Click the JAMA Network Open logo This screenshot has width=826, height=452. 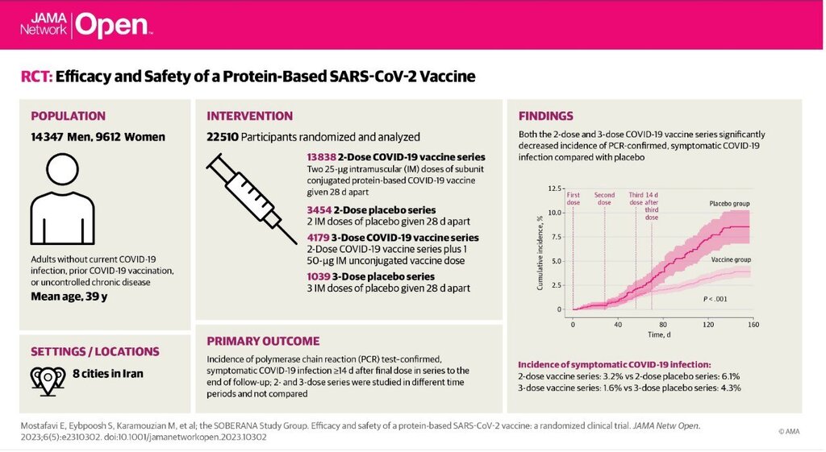[x=86, y=25]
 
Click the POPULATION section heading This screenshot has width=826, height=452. [x=68, y=116]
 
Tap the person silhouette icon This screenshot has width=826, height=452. [x=62, y=199]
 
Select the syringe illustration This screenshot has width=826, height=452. [x=252, y=199]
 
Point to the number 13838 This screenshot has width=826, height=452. [x=321, y=157]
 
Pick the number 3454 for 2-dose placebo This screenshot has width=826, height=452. [x=319, y=210]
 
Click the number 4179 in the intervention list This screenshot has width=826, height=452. [x=318, y=238]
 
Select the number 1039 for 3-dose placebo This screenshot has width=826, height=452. [x=319, y=276]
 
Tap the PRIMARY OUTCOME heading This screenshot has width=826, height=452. [x=263, y=341]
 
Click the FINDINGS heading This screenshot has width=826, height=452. [x=546, y=116]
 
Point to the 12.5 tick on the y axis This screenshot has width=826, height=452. [x=555, y=189]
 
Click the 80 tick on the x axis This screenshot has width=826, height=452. [x=663, y=325]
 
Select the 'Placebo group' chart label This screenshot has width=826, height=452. [x=729, y=204]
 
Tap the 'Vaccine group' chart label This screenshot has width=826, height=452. [x=731, y=259]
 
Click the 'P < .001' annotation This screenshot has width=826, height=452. [x=715, y=299]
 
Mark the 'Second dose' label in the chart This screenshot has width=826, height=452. [x=604, y=198]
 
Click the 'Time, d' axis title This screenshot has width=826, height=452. [x=659, y=334]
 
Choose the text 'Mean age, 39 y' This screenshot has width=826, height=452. [x=69, y=296]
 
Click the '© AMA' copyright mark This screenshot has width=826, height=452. [x=789, y=432]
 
